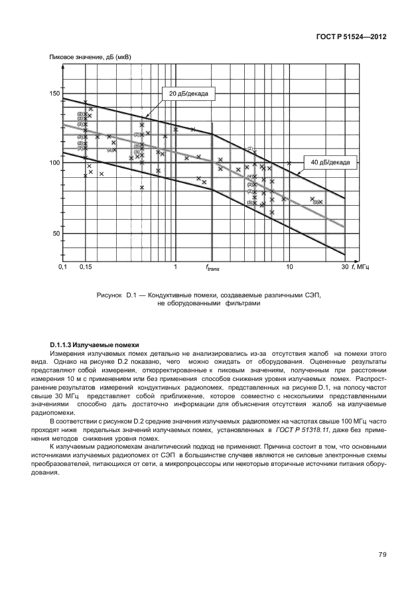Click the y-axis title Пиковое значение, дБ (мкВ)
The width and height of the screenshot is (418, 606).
[x=90, y=58]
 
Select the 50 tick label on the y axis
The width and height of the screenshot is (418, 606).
[x=54, y=234]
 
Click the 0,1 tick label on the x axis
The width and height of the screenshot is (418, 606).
[x=62, y=267]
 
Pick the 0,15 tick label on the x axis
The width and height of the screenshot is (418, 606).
[x=85, y=267]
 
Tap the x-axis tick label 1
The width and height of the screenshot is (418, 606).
[x=175, y=267]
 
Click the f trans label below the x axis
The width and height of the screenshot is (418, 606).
[x=212, y=268]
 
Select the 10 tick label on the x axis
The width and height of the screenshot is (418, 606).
[x=289, y=267]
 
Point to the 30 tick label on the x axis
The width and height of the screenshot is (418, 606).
[x=344, y=267]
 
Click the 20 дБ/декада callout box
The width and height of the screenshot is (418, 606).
[x=188, y=94]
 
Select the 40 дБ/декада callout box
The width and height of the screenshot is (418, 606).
[x=330, y=161]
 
